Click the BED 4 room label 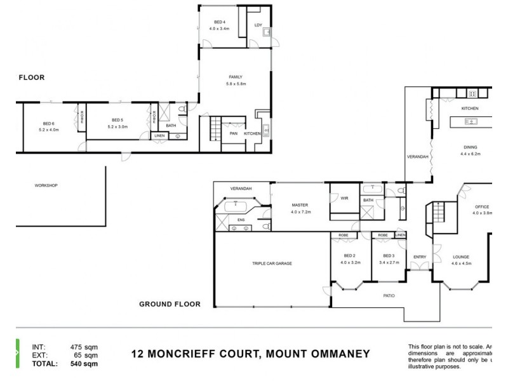pyautogui.click(x=220, y=22)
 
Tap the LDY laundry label pyautogui.click(x=258, y=25)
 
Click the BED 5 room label pyautogui.click(x=117, y=120)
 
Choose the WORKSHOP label pyautogui.click(x=46, y=185)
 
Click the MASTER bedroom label pyautogui.click(x=300, y=205)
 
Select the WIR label pyautogui.click(x=345, y=199)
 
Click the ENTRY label pyautogui.click(x=420, y=257)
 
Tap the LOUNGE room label pyautogui.click(x=461, y=257)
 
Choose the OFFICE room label pyautogui.click(x=482, y=207)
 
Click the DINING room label pyautogui.click(x=471, y=147)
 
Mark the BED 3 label pyautogui.click(x=389, y=255)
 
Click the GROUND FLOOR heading pyautogui.click(x=170, y=304)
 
